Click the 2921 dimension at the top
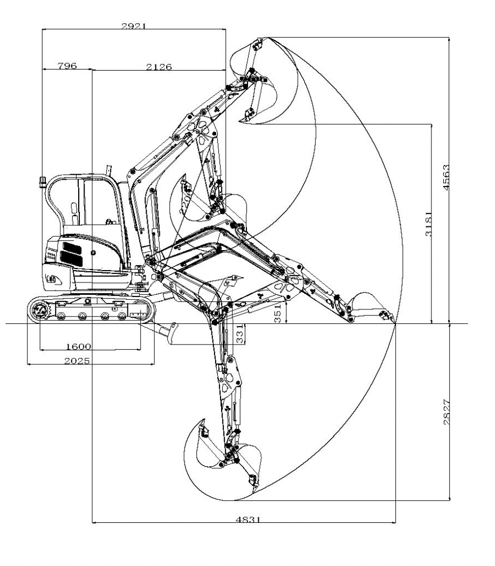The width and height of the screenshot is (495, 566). pyautogui.click(x=134, y=25)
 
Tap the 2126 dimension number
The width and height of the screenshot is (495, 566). pyautogui.click(x=159, y=66)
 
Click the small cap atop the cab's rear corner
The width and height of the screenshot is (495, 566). pyautogui.click(x=42, y=181)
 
